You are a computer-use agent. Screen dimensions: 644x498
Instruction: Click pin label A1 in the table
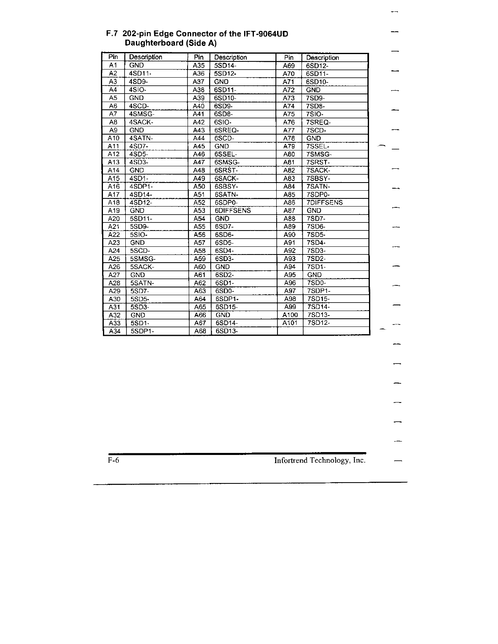[x=113, y=65]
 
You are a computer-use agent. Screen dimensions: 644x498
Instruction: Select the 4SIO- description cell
[x=138, y=90]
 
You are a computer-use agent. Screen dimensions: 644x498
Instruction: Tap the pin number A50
[x=199, y=187]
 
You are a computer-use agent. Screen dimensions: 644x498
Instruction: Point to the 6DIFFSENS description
[x=233, y=211]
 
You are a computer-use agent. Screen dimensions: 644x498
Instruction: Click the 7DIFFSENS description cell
[x=325, y=202]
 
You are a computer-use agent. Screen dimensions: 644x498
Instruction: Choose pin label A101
[x=290, y=323]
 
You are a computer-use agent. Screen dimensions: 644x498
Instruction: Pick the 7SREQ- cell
[x=319, y=122]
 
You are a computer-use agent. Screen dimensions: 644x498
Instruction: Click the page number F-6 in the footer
[x=113, y=461]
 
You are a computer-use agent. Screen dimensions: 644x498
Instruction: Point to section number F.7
[x=112, y=34]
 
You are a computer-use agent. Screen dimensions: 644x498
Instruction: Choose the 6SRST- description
[x=226, y=170]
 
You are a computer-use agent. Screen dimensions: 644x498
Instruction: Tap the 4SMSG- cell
[x=142, y=114]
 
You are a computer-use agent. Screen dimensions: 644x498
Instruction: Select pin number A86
[x=289, y=202]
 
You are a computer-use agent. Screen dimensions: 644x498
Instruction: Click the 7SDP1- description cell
[x=319, y=291]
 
